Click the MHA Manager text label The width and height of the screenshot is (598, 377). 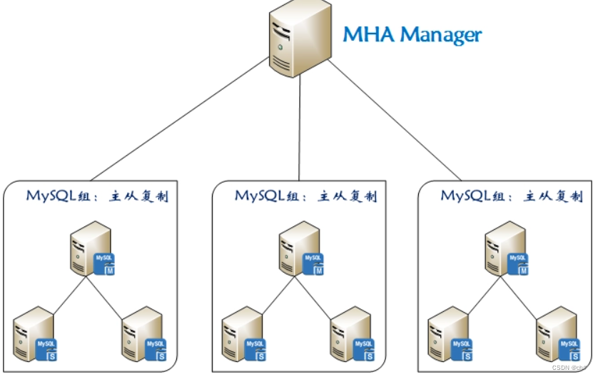412,34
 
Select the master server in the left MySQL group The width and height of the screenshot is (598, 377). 90,246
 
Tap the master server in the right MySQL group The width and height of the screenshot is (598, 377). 505,247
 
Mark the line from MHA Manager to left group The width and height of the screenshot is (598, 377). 178,121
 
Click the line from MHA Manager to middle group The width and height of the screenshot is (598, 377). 299,125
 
